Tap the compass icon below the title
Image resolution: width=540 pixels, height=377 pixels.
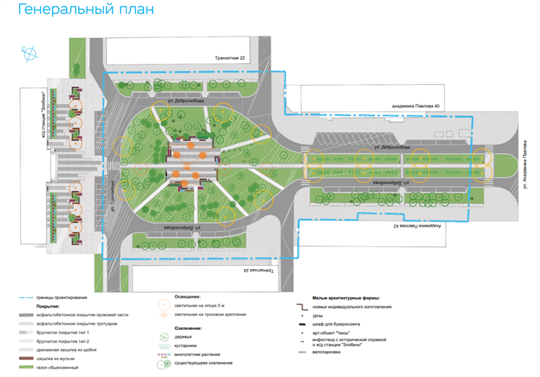click(30, 52)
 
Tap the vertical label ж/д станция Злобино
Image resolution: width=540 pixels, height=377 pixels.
click(43, 109)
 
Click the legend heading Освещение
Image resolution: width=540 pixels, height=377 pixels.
click(186, 297)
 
